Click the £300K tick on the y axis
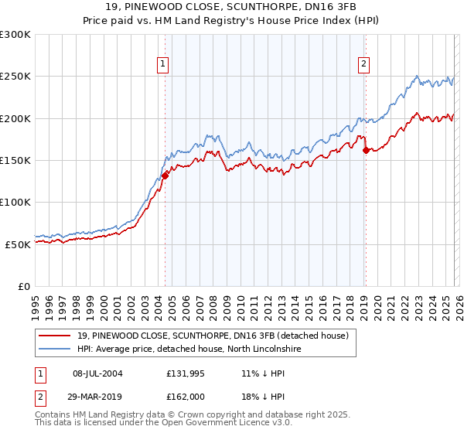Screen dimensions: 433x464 [x=15, y=35]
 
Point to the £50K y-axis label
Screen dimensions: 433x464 [x=18, y=244]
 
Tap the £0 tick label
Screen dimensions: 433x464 [x=25, y=286]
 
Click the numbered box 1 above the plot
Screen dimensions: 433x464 [x=164, y=65]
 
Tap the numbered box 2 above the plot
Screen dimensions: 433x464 [x=363, y=65]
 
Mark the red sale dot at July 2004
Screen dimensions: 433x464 [x=165, y=176]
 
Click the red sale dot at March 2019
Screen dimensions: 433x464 [x=366, y=151]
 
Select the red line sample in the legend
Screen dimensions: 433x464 [x=56, y=336]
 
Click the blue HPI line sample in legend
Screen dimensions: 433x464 [x=56, y=349]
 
